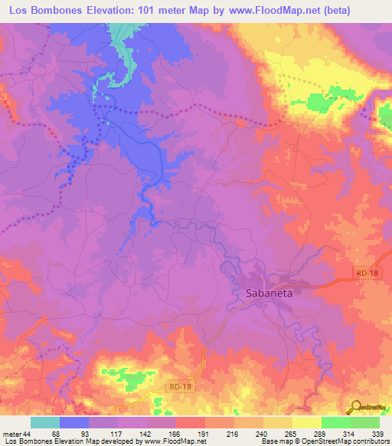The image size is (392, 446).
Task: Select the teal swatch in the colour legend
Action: click(x=45, y=422)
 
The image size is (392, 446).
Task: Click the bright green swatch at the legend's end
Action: click(x=364, y=422)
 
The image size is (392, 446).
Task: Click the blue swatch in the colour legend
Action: click(x=74, y=422)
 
